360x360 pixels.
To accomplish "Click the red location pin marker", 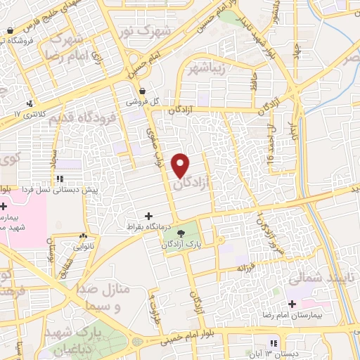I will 181,165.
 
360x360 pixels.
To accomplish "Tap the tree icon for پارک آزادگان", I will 182,233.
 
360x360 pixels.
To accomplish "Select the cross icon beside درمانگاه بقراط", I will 148,216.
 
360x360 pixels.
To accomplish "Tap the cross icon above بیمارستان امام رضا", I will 292,304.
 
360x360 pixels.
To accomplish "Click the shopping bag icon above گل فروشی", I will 143,91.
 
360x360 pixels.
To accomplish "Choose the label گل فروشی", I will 142,102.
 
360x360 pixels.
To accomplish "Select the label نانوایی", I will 84,247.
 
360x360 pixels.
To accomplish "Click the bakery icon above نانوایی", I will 84,236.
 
